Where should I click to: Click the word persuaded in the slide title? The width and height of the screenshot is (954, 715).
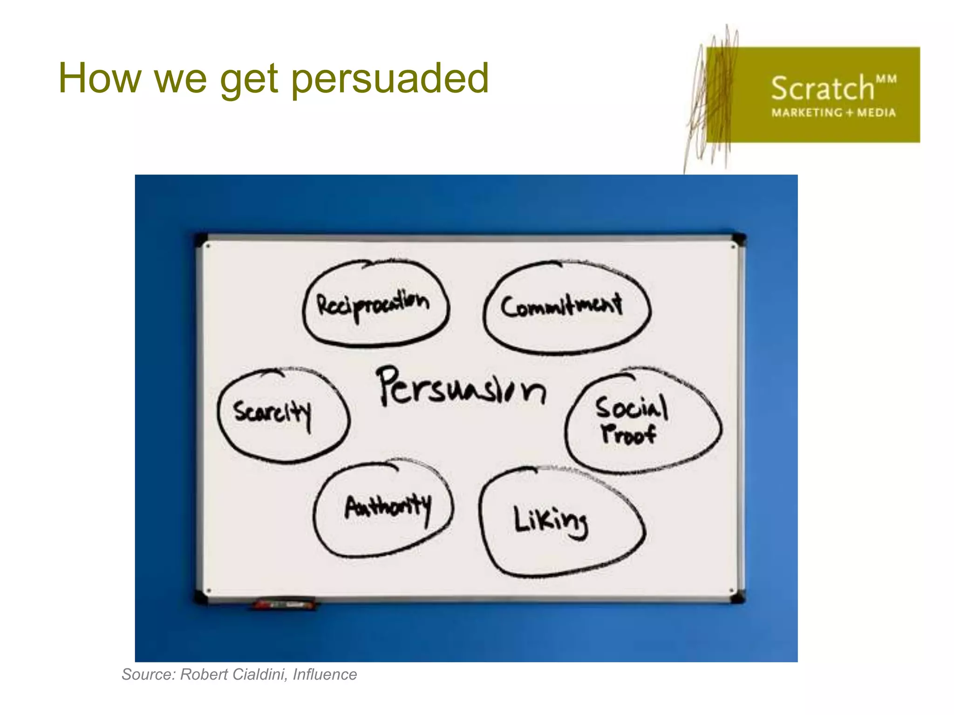tap(390, 79)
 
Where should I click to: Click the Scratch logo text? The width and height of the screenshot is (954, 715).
tap(822, 88)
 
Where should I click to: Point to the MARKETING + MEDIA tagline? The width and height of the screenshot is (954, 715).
tap(833, 113)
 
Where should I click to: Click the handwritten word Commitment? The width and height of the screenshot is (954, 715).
tap(561, 306)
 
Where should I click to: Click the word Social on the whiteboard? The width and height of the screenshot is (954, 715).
tap(631, 408)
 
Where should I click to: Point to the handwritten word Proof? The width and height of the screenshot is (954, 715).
tap(628, 434)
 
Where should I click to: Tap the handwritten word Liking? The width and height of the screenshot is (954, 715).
tap(551, 521)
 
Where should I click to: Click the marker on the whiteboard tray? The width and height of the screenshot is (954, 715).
tap(284, 604)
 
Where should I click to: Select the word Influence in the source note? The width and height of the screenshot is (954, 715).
tap(325, 675)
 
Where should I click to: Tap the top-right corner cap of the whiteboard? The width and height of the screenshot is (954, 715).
tap(739, 239)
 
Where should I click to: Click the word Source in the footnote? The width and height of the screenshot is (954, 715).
tap(149, 675)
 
